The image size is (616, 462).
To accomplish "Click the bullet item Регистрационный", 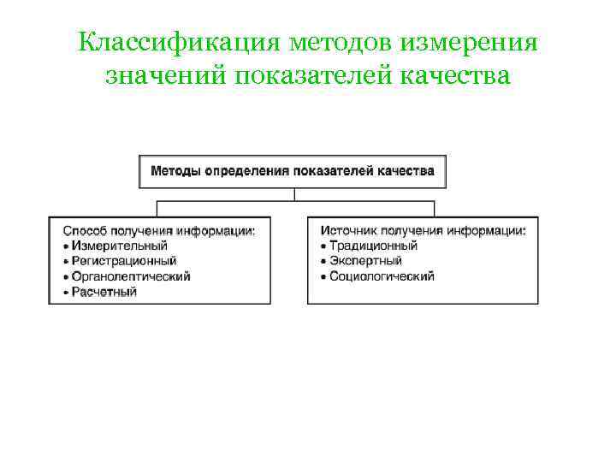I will [x=124, y=261].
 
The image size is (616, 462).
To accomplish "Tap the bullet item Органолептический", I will [x=131, y=276].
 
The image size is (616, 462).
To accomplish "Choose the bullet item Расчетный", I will [x=104, y=292].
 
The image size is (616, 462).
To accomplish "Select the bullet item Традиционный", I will [x=373, y=246].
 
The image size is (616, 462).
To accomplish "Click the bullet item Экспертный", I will [x=365, y=261].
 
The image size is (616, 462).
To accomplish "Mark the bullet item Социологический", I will [x=382, y=276].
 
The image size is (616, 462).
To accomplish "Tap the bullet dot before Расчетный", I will [x=66, y=293].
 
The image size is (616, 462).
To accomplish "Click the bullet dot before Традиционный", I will [x=323, y=246].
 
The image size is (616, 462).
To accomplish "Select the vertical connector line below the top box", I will [x=294, y=194].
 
